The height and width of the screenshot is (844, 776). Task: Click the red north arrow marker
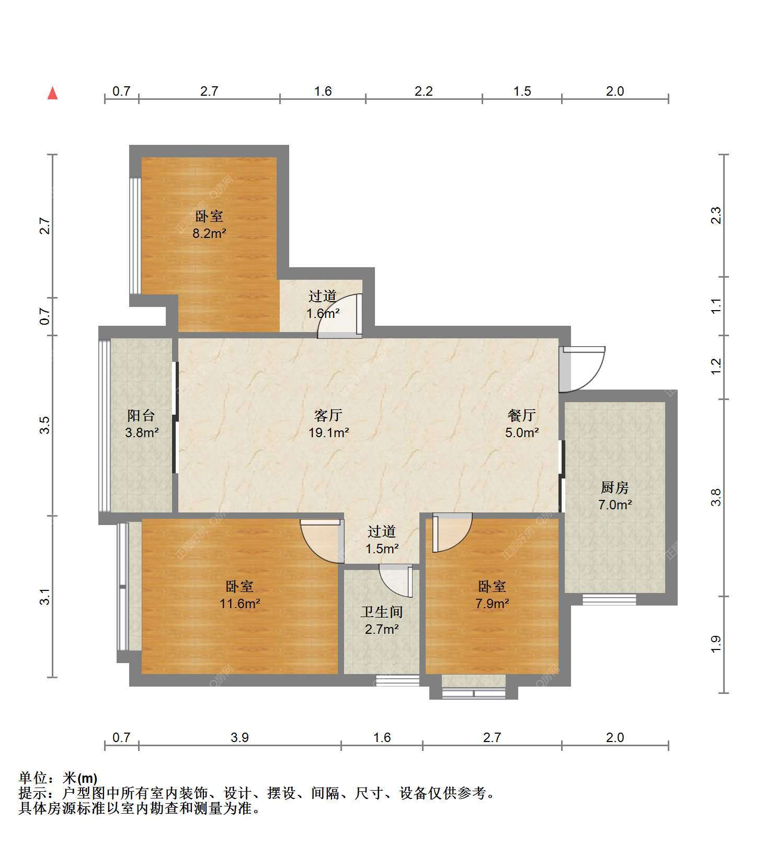pyautogui.click(x=52, y=93)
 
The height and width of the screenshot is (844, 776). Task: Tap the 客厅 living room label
pyautogui.click(x=328, y=415)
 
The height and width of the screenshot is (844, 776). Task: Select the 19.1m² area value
pyautogui.click(x=328, y=432)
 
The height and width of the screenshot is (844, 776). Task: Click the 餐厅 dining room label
pyautogui.click(x=522, y=415)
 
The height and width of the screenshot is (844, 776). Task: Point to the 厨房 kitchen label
pyautogui.click(x=614, y=487)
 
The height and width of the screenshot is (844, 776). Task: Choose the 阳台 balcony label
pyautogui.click(x=141, y=415)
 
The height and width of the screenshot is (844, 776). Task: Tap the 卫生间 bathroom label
pyautogui.click(x=382, y=612)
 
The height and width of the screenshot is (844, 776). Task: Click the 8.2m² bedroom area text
pyautogui.click(x=209, y=233)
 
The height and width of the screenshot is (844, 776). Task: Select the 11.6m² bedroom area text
pyautogui.click(x=240, y=603)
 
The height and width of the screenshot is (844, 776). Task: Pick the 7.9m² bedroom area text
pyautogui.click(x=492, y=603)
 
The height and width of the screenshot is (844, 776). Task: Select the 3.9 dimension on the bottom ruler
pyautogui.click(x=239, y=737)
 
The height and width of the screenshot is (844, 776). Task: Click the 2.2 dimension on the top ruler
pyautogui.click(x=424, y=91)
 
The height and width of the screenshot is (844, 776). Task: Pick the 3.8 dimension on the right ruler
pyautogui.click(x=716, y=497)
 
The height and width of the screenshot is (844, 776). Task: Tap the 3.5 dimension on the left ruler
pyautogui.click(x=45, y=425)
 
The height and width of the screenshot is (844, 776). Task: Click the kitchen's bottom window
pyautogui.click(x=609, y=599)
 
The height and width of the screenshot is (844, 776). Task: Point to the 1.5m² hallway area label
pyautogui.click(x=382, y=549)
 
